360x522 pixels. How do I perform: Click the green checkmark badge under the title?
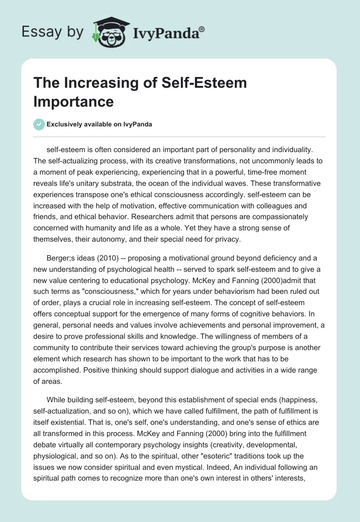pyautogui.click(x=39, y=124)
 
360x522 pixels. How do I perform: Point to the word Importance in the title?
pyautogui.click(x=73, y=101)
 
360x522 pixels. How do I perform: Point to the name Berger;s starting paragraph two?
pyautogui.click(x=60, y=258)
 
